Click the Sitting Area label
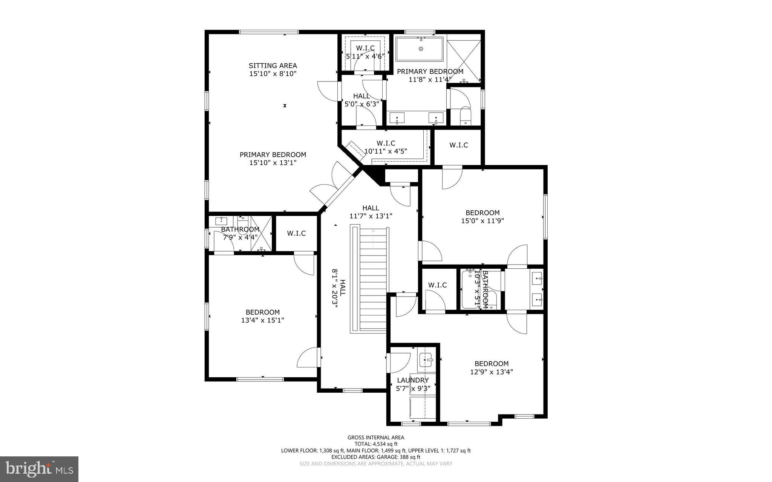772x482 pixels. coord(273,66)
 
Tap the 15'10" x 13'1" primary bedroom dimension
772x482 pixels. coord(273,163)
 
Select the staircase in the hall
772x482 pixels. coord(373,279)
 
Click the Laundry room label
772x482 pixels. coord(413,380)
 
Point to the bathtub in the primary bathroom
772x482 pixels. coord(420,49)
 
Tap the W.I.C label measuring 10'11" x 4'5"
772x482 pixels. coord(386,143)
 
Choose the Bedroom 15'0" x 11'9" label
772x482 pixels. coord(482,213)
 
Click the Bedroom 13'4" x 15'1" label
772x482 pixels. coord(262,312)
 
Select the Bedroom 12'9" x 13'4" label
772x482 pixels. coord(491,364)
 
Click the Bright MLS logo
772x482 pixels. coord(39,469)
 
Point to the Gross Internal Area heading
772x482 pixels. coord(375,438)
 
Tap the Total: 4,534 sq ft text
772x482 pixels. coord(375,444)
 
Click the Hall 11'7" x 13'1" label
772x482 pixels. coord(371,208)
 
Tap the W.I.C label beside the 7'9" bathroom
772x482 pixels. coord(296,233)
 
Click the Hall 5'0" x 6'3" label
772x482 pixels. coord(361,96)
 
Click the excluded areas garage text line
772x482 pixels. coord(375,457)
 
